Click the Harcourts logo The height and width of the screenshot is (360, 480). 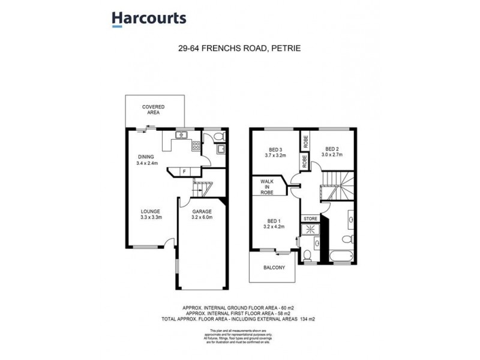coord(149,19)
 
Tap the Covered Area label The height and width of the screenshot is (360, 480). coord(153,109)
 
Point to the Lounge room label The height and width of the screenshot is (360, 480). coord(150,214)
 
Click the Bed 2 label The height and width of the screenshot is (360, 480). coord(333,152)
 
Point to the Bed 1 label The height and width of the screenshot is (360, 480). coord(272,223)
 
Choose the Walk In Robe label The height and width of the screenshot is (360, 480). coord(267,187)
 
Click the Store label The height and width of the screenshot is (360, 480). coord(310,218)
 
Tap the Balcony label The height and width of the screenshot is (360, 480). coord(273,268)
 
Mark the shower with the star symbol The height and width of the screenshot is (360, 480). coord(311,229)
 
